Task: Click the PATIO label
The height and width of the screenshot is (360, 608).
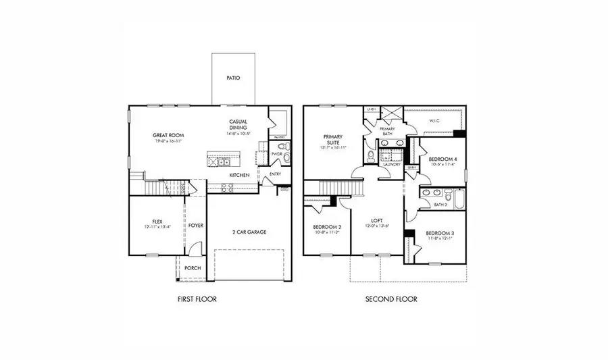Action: coord(233,78)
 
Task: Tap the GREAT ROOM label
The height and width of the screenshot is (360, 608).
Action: coord(168,135)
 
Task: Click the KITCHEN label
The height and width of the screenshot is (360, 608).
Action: coord(239,175)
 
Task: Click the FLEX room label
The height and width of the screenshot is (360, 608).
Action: coord(157,221)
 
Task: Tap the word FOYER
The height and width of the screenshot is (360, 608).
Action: coord(196,225)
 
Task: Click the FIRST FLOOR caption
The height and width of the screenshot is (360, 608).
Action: coord(197,299)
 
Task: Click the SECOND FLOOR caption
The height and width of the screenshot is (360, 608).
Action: coord(391,299)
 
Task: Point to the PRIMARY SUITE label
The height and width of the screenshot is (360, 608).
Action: coord(334,139)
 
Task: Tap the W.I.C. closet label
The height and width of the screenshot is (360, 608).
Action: coord(436,121)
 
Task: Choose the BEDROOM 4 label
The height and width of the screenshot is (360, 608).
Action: coord(442,159)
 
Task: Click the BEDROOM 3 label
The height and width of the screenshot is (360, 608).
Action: coord(439,233)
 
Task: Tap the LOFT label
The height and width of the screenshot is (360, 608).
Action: coord(377,221)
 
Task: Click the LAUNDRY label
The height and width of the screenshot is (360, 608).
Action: coord(392,164)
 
